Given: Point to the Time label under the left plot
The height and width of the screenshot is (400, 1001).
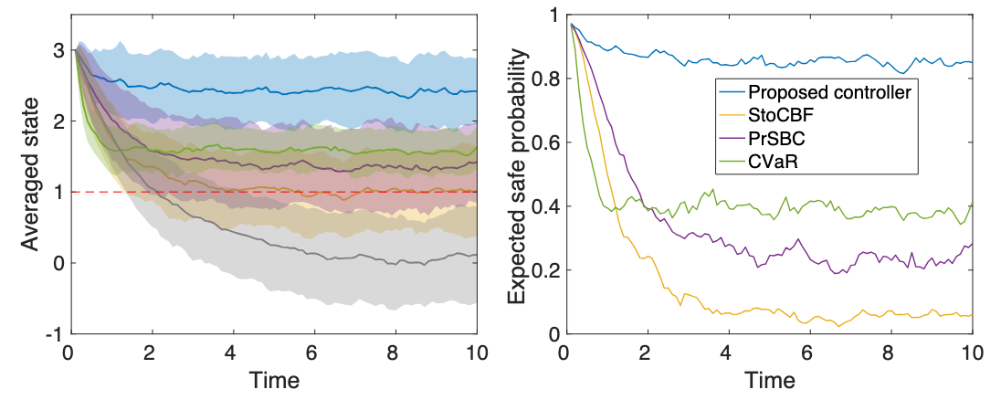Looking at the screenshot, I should tap(272, 378).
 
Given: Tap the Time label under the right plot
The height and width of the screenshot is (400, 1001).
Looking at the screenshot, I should tap(769, 378).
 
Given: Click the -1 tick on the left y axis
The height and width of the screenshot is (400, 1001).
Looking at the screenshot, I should tap(53, 334).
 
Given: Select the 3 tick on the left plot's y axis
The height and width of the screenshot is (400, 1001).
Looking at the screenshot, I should tap(56, 50).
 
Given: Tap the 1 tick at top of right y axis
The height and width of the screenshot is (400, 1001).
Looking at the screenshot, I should tap(553, 15).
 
